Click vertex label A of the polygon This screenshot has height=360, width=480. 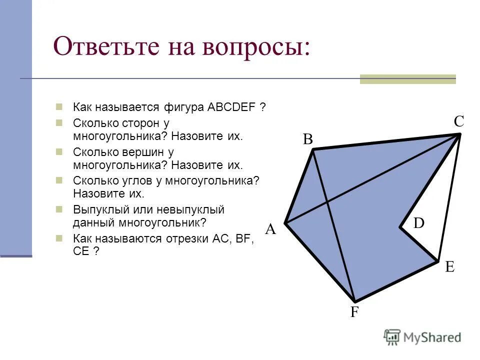point(270,229)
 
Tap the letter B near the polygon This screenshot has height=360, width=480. point(307,140)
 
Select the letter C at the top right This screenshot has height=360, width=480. point(459,121)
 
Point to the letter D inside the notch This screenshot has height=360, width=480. point(418,223)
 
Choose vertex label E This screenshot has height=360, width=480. point(449,267)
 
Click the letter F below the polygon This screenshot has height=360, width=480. point(354,312)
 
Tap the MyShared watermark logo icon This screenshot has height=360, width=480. point(392,337)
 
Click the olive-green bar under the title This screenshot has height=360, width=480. point(407,78)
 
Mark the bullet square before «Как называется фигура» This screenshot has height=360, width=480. point(59,107)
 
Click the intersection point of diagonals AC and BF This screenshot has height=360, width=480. point(327,201)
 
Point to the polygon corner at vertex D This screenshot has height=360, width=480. point(400,228)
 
